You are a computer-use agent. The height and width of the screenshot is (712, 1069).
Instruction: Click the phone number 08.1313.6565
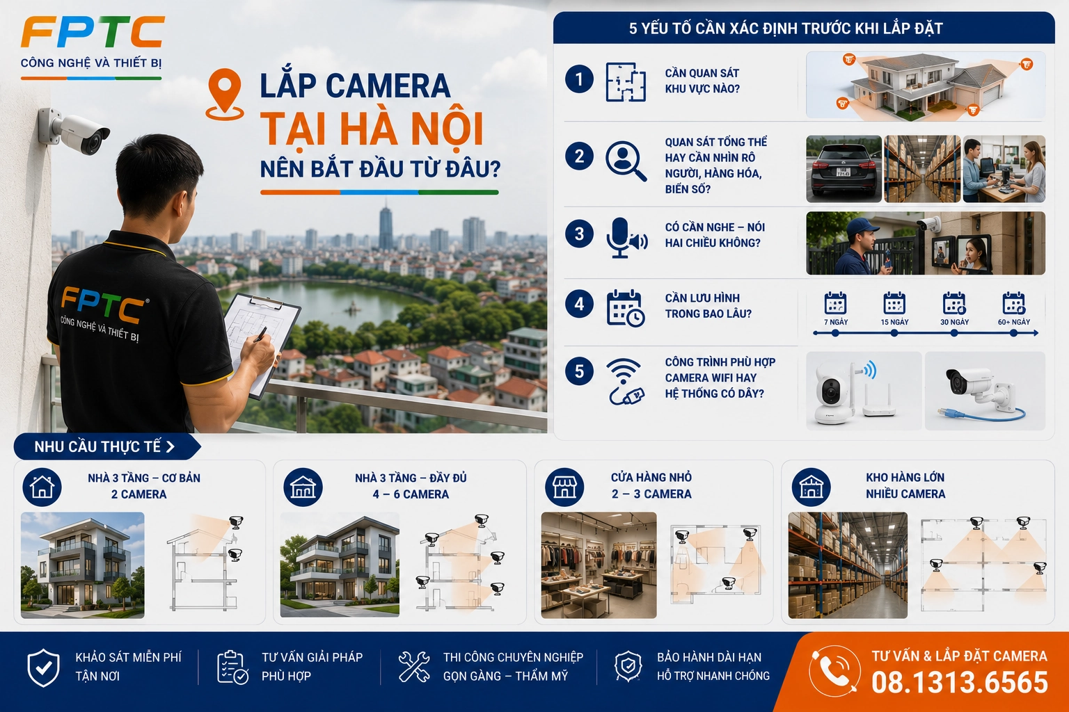(959, 682)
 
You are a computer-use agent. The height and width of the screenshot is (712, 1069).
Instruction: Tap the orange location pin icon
(225, 95)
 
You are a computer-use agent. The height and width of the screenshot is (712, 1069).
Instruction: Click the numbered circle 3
(579, 234)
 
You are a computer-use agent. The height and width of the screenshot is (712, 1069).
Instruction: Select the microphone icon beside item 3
(626, 238)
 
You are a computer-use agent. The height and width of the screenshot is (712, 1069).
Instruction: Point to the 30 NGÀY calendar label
(954, 322)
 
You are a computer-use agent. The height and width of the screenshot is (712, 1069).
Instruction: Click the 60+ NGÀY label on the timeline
(1013, 322)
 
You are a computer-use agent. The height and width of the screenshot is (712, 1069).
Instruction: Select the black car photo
(844, 169)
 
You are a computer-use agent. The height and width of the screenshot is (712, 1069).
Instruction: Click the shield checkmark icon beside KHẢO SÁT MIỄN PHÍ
(43, 667)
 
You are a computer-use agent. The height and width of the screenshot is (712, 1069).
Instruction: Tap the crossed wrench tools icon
(414, 666)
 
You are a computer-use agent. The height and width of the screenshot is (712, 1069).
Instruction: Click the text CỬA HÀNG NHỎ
(651, 478)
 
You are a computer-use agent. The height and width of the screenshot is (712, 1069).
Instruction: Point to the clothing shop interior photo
(599, 565)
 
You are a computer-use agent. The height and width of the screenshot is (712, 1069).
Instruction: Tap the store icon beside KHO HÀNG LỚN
(811, 487)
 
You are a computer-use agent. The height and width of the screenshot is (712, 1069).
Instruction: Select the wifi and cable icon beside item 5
(625, 382)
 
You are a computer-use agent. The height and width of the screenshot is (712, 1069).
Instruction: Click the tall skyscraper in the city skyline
(386, 228)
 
